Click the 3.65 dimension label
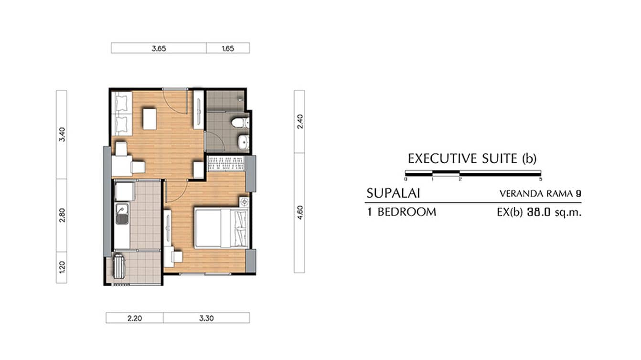point(159,48)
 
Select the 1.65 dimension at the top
point(228,48)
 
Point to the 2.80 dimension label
point(62,215)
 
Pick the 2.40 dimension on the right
point(299,121)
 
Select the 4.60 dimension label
point(299,212)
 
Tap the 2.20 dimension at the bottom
point(134,318)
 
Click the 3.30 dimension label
point(206,318)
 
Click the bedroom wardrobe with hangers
point(226,163)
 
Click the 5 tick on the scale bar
point(541,180)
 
